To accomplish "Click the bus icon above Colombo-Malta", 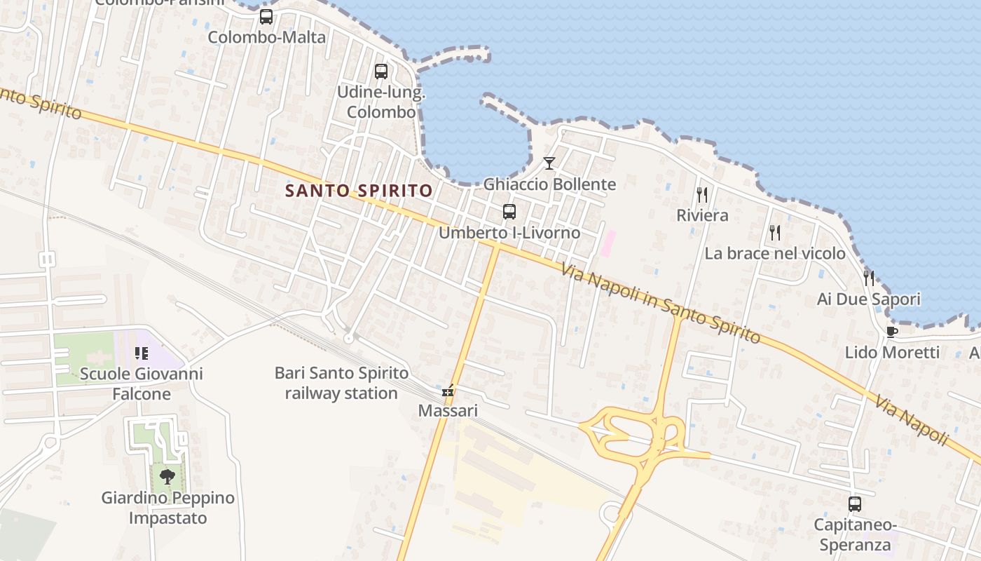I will pos(266,17).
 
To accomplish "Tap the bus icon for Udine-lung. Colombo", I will pos(381,72).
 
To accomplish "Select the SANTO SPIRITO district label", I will pos(359,190).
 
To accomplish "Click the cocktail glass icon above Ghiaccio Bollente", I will pos(549,163).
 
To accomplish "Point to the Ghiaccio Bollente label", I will pos(550,184).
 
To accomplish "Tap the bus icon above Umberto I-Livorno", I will pos(509,211).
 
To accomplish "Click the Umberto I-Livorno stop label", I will pos(509,233).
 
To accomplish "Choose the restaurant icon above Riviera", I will pos(702,194).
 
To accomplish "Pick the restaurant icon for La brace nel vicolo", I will pos(774,232).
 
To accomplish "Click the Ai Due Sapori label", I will pos(869,299).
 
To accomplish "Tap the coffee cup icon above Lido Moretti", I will pos(891,332).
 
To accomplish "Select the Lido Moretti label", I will pos(891,352).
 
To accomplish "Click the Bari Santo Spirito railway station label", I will pos(341,384).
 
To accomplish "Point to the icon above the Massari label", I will pos(448,391).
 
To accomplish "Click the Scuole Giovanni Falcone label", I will pos(142,384).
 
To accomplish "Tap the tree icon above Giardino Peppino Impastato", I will pos(167,478).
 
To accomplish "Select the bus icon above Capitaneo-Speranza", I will pos(855,503).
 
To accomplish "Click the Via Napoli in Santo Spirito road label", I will pos(661,302).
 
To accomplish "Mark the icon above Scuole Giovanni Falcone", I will pos(142,353).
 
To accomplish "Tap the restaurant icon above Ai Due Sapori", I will pos(869,278).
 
